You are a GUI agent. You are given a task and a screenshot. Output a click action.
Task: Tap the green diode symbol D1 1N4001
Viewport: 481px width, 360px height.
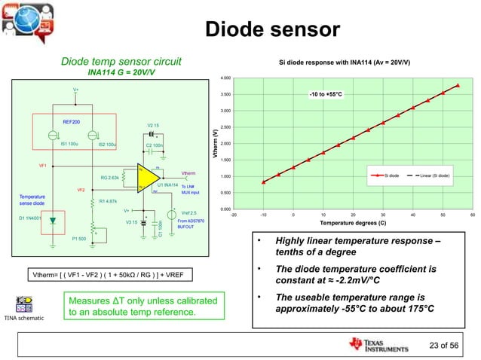(52, 221)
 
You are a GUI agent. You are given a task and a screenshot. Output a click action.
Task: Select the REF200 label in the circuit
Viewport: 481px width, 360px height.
(61, 121)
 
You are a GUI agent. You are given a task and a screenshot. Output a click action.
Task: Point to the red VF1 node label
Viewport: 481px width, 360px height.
(43, 164)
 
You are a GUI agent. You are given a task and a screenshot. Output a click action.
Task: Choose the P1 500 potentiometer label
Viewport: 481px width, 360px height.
(79, 239)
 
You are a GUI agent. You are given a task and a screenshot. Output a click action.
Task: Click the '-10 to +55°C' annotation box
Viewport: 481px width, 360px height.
(325, 94)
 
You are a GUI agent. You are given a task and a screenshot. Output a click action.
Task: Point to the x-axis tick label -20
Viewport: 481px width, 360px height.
(233, 215)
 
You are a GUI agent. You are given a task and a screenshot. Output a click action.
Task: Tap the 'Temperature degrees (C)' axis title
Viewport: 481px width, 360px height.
(351, 224)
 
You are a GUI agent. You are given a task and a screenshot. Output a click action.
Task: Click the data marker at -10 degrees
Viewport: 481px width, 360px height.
(263, 182)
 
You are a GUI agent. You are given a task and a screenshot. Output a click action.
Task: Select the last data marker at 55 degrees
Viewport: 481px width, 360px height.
(458, 85)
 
